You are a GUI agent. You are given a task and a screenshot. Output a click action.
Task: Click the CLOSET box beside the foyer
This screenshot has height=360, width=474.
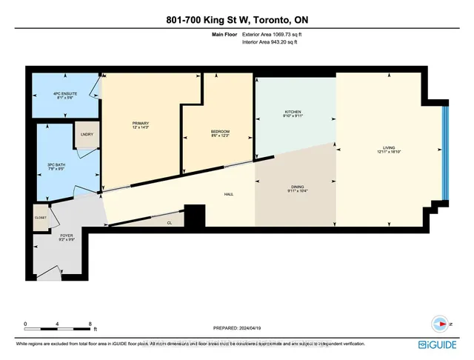(x=40, y=218)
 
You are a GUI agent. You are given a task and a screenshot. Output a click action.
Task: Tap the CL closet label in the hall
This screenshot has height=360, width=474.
(x=169, y=221)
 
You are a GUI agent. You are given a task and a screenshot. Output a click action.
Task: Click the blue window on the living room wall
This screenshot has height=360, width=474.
(x=444, y=153)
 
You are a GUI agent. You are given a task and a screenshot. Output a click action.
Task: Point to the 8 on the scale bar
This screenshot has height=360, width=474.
(x=90, y=324)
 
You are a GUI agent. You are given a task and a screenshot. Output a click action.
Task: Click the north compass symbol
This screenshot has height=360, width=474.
(x=441, y=324)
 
